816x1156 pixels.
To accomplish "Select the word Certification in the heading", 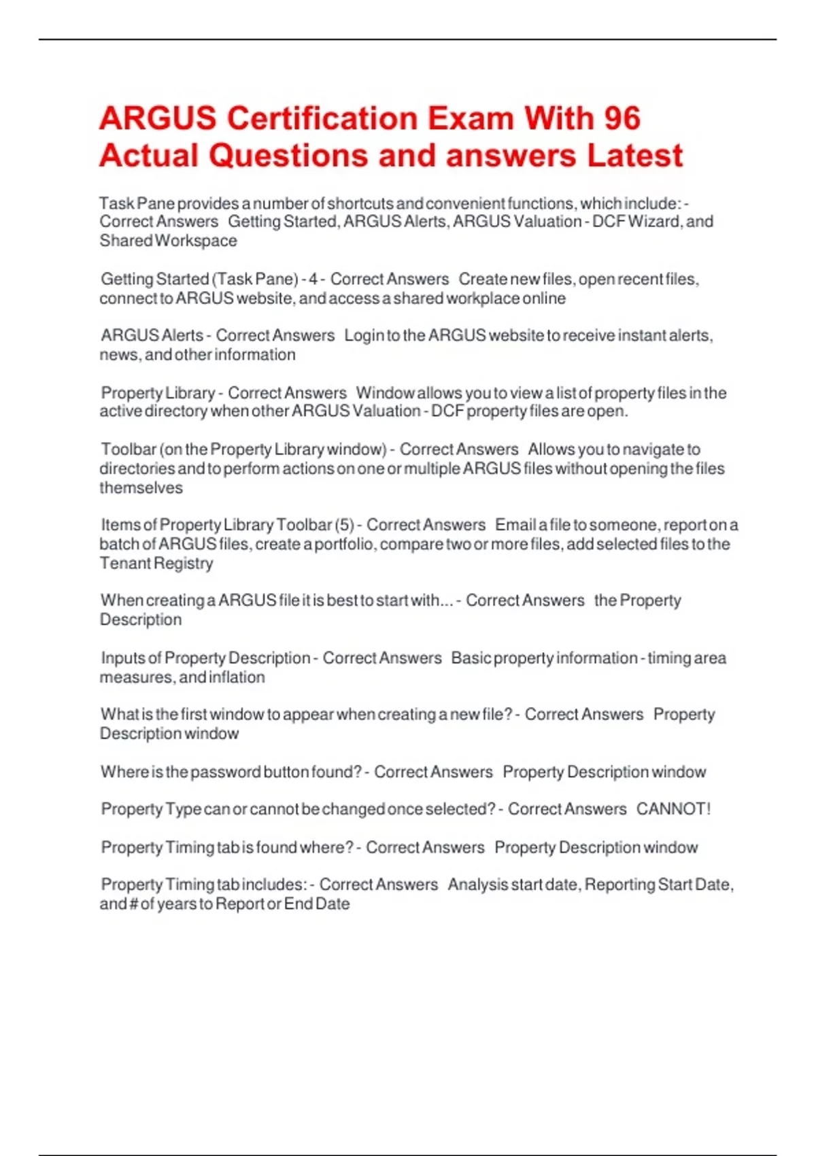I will (320, 118).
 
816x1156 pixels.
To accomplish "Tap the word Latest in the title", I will (634, 156).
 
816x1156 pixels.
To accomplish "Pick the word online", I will (544, 299).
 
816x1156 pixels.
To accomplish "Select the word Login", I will (363, 335).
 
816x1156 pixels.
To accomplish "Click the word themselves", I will (141, 488).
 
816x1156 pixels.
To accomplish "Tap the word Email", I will (515, 525).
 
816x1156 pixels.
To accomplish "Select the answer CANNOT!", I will (673, 809).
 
